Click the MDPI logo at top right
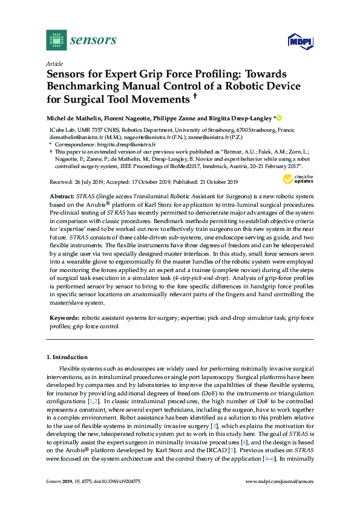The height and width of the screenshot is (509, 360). click(x=297, y=42)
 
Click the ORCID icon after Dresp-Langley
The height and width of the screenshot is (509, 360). click(x=279, y=118)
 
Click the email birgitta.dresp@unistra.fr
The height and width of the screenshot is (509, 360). click(x=130, y=145)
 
